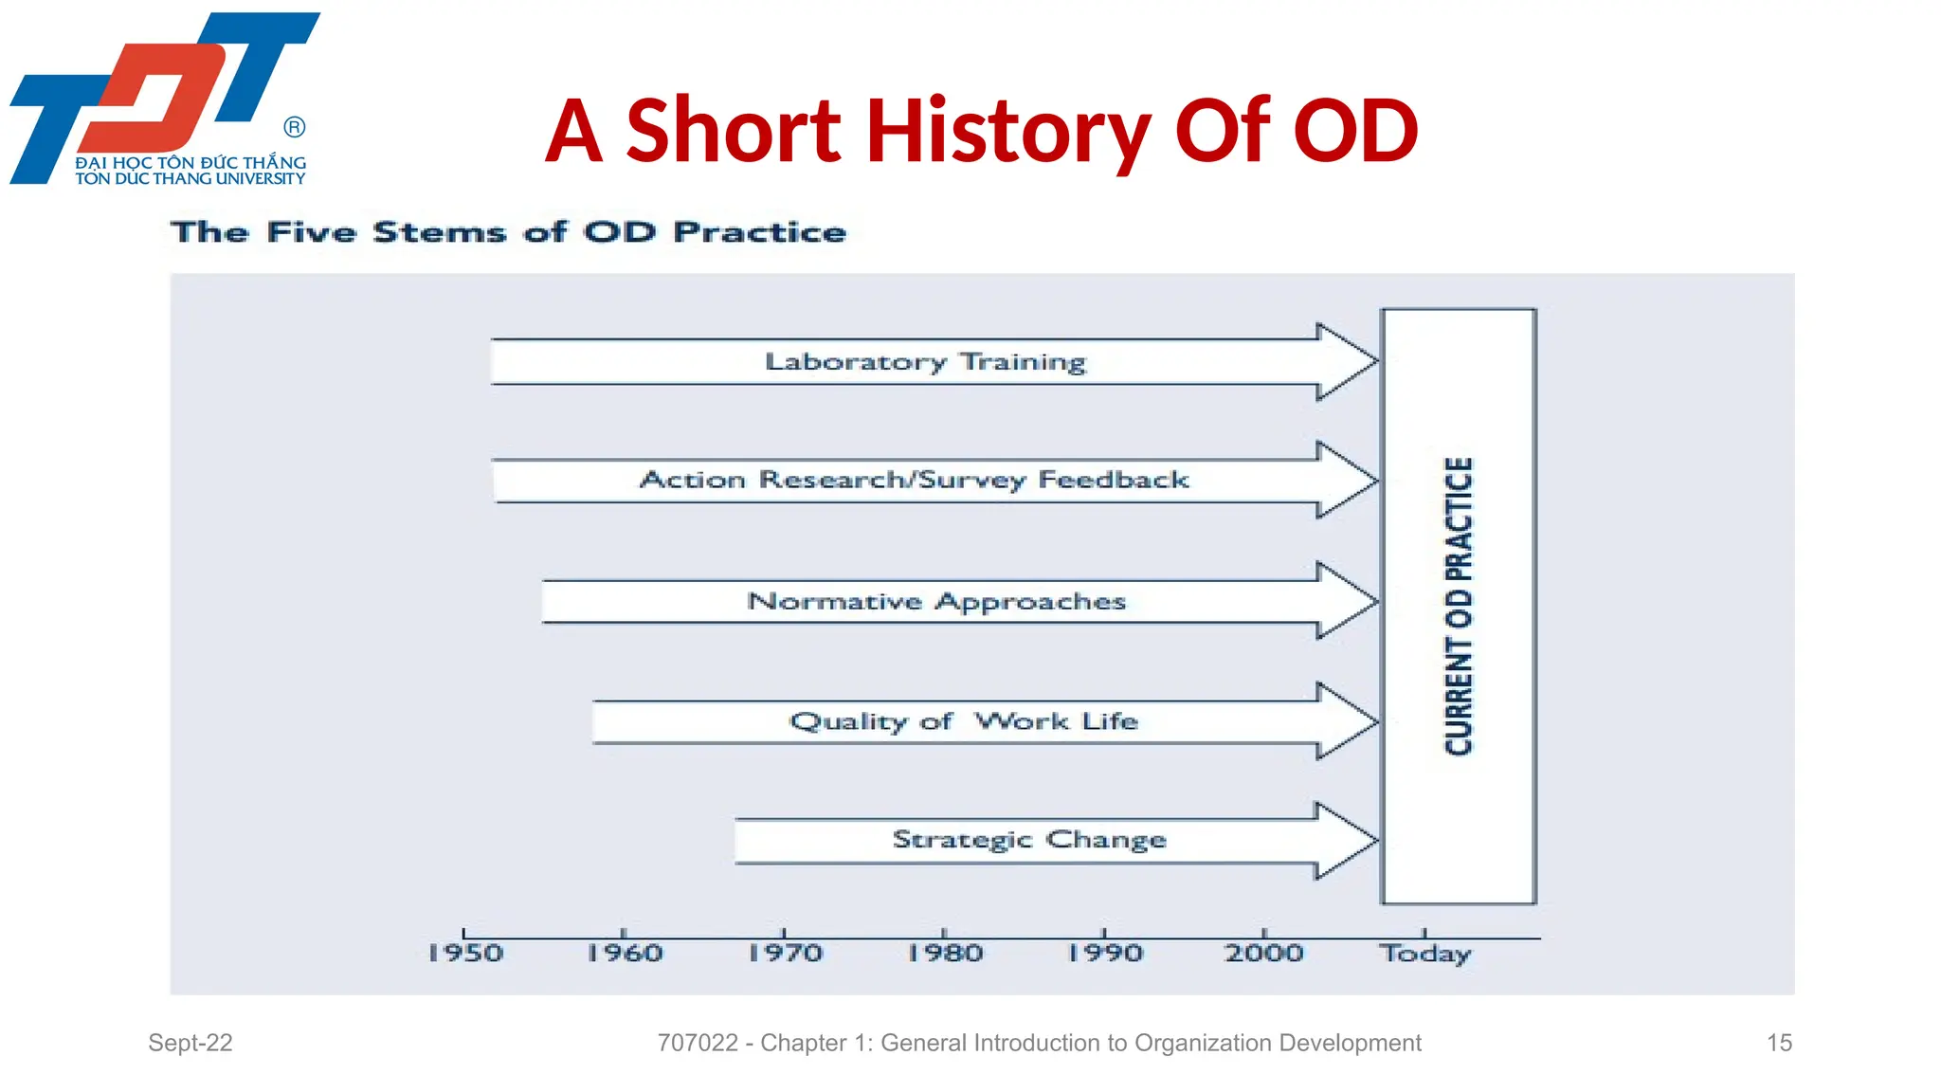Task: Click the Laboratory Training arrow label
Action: tap(925, 362)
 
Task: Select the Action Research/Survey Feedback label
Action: tap(915, 481)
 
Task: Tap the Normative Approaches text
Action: tap(936, 602)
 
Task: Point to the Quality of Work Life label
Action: tap(963, 722)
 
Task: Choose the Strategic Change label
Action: tap(1029, 841)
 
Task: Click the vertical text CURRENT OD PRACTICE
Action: tap(1459, 607)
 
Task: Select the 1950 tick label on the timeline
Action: tap(464, 954)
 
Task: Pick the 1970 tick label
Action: tap(785, 954)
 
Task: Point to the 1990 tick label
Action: tap(1105, 954)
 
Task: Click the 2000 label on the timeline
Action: tap(1264, 954)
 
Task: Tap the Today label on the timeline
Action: tap(1424, 954)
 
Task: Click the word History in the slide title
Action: tap(1008, 133)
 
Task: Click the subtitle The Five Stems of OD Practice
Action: tap(508, 232)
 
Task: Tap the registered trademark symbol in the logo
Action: tap(295, 127)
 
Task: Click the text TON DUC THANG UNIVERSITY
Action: tap(190, 179)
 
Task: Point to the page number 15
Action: tap(1779, 1043)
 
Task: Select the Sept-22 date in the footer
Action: tap(190, 1043)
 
